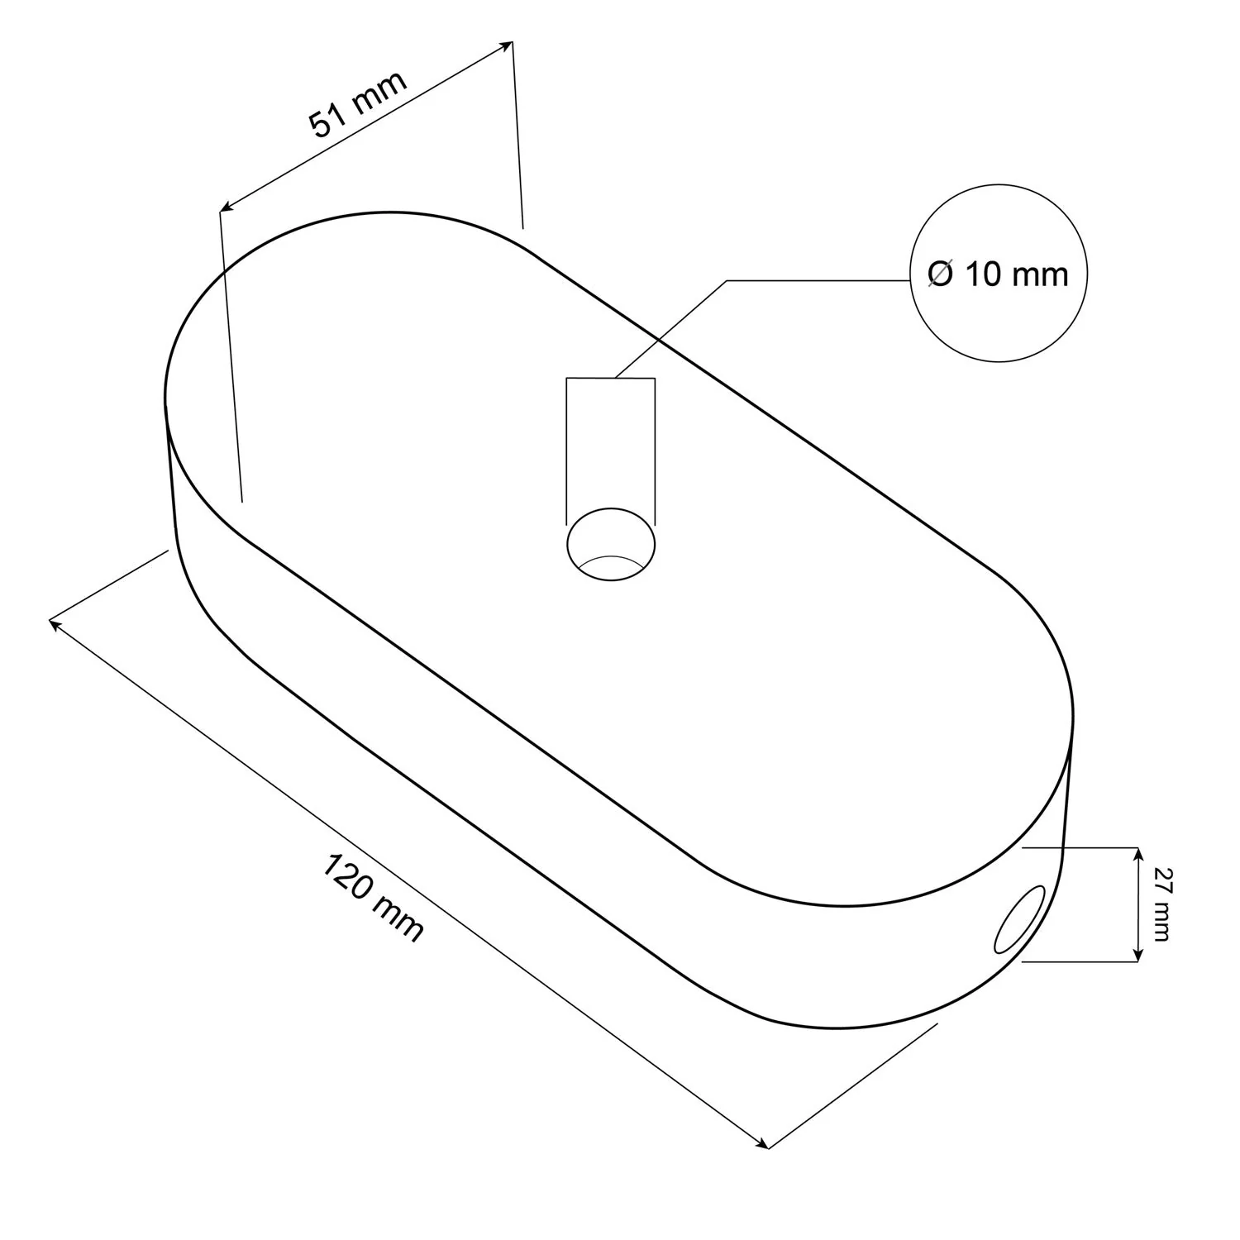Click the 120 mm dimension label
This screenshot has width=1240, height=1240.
[373, 900]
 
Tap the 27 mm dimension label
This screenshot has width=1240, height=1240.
[1161, 904]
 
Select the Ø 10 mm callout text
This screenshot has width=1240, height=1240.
[998, 274]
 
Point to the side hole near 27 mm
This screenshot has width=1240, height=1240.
[1020, 918]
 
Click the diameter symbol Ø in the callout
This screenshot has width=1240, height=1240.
[940, 274]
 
